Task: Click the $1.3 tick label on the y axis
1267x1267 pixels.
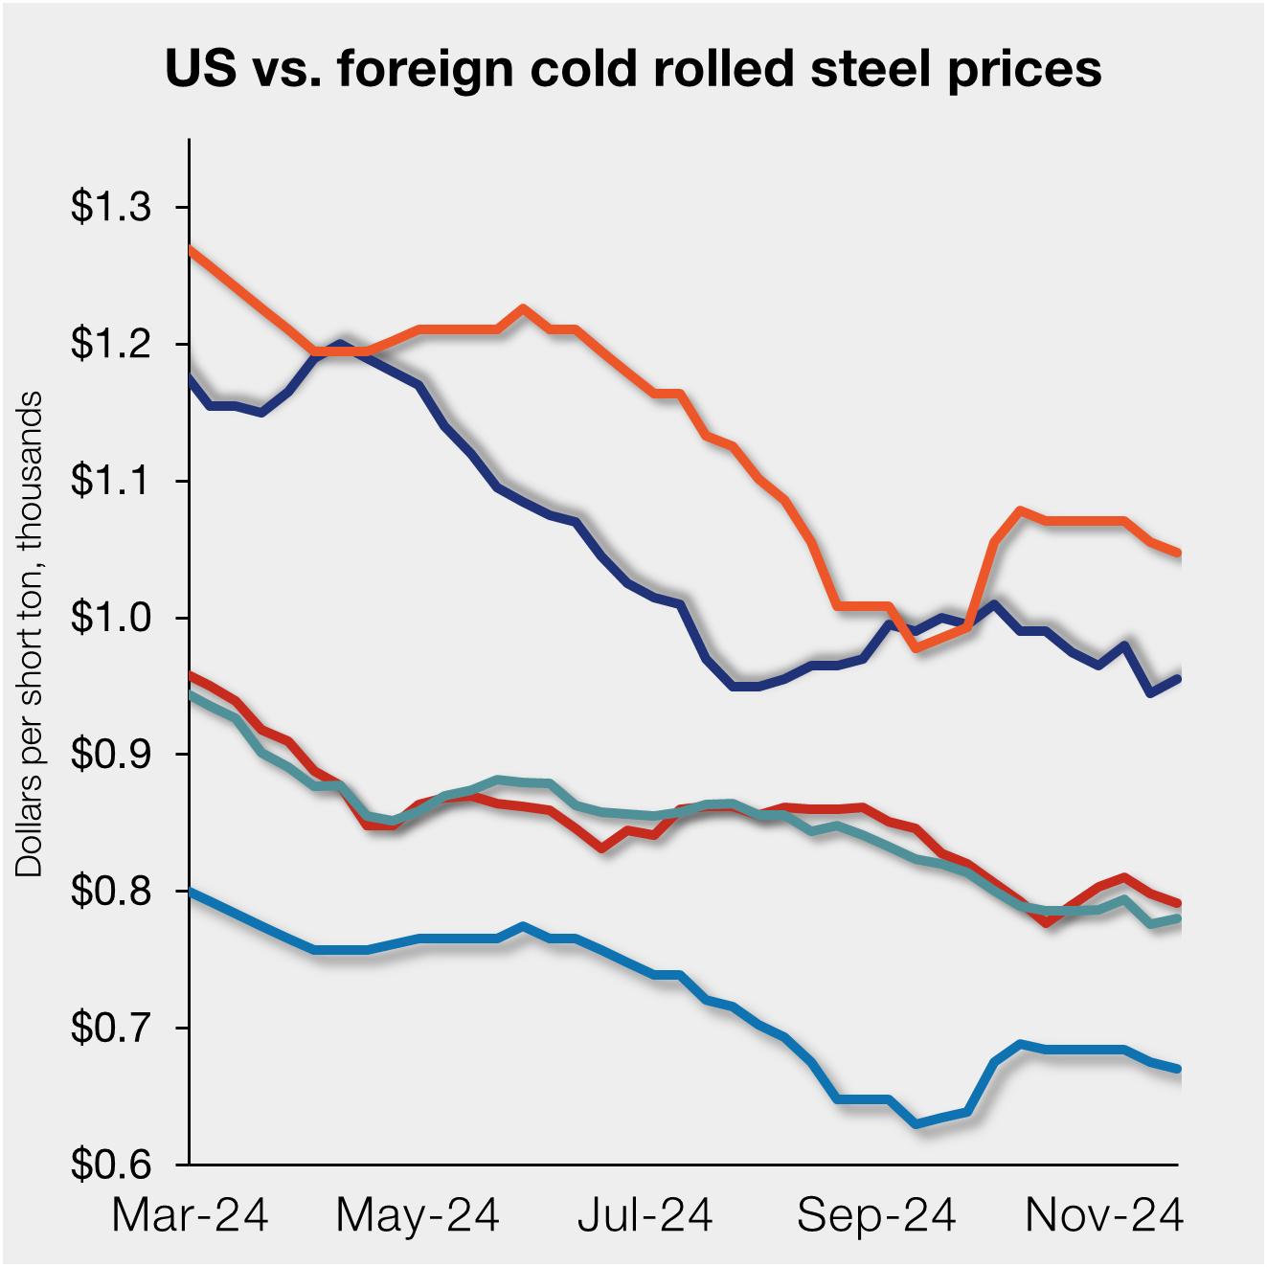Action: (x=111, y=207)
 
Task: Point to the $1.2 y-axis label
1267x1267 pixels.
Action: (x=111, y=344)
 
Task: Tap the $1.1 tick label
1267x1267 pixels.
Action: (x=111, y=481)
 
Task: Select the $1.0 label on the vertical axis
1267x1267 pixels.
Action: (x=111, y=618)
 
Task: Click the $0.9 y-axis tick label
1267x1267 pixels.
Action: (x=111, y=755)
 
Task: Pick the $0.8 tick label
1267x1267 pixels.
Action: (x=111, y=892)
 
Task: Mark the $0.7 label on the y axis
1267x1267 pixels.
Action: (x=111, y=1029)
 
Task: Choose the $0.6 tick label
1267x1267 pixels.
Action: (x=111, y=1165)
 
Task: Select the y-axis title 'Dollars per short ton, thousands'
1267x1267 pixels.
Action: (x=30, y=634)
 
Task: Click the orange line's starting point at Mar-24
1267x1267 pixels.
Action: (x=192, y=249)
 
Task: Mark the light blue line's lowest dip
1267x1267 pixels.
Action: (x=916, y=1123)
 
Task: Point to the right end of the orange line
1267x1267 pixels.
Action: (x=1178, y=553)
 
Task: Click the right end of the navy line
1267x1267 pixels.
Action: (x=1178, y=678)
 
